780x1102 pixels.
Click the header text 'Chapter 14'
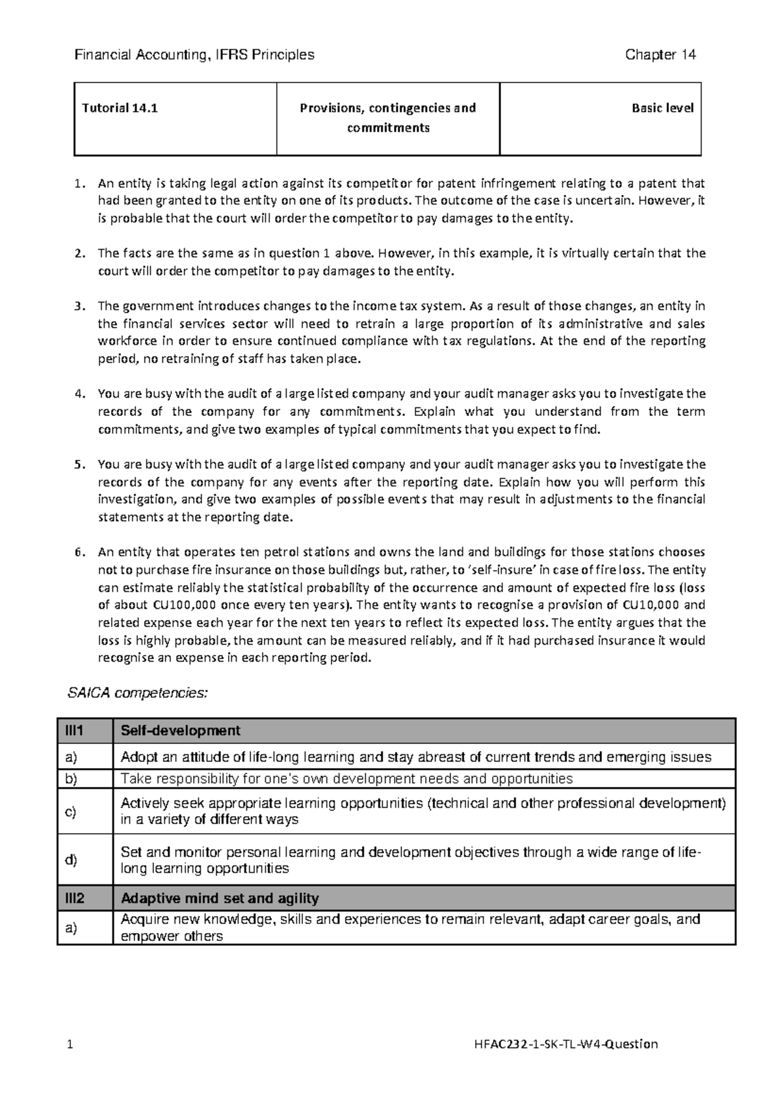point(660,55)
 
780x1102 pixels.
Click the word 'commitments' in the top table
point(388,128)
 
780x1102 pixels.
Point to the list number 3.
point(79,306)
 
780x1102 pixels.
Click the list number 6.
point(79,552)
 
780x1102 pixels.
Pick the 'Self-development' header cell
point(181,731)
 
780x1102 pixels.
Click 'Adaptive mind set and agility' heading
point(220,899)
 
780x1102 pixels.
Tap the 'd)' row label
point(70,860)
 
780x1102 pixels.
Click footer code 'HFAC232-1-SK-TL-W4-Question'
point(567,1044)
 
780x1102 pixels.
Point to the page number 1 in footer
point(69,1044)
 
